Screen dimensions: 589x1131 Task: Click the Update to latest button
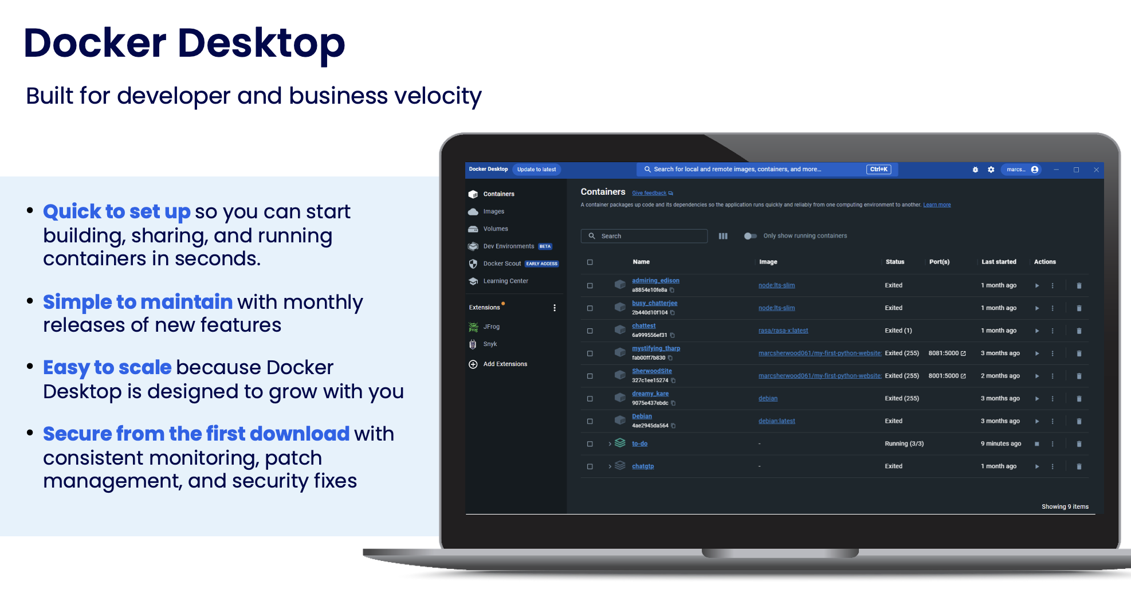pos(536,170)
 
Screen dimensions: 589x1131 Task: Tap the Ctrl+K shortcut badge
pos(878,170)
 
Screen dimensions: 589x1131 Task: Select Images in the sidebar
pos(493,211)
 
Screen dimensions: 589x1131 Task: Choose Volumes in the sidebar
pos(495,229)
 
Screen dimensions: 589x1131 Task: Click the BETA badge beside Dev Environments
pos(545,246)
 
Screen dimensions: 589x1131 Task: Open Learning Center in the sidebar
pos(505,281)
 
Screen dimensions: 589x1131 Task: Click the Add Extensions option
pos(505,364)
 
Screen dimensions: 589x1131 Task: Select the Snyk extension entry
pos(490,344)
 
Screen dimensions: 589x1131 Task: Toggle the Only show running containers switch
pos(750,236)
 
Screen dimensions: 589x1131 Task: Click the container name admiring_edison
pos(655,281)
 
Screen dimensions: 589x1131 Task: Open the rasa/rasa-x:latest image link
pos(783,331)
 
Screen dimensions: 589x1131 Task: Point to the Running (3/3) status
pos(904,444)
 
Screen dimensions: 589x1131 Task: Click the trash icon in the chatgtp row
pos(1079,467)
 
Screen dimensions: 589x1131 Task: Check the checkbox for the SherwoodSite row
pos(590,376)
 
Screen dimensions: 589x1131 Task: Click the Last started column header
pos(999,262)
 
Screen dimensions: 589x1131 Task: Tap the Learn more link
pos(937,205)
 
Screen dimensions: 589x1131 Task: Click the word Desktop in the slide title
pos(261,44)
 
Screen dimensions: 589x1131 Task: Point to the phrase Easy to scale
pos(107,368)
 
